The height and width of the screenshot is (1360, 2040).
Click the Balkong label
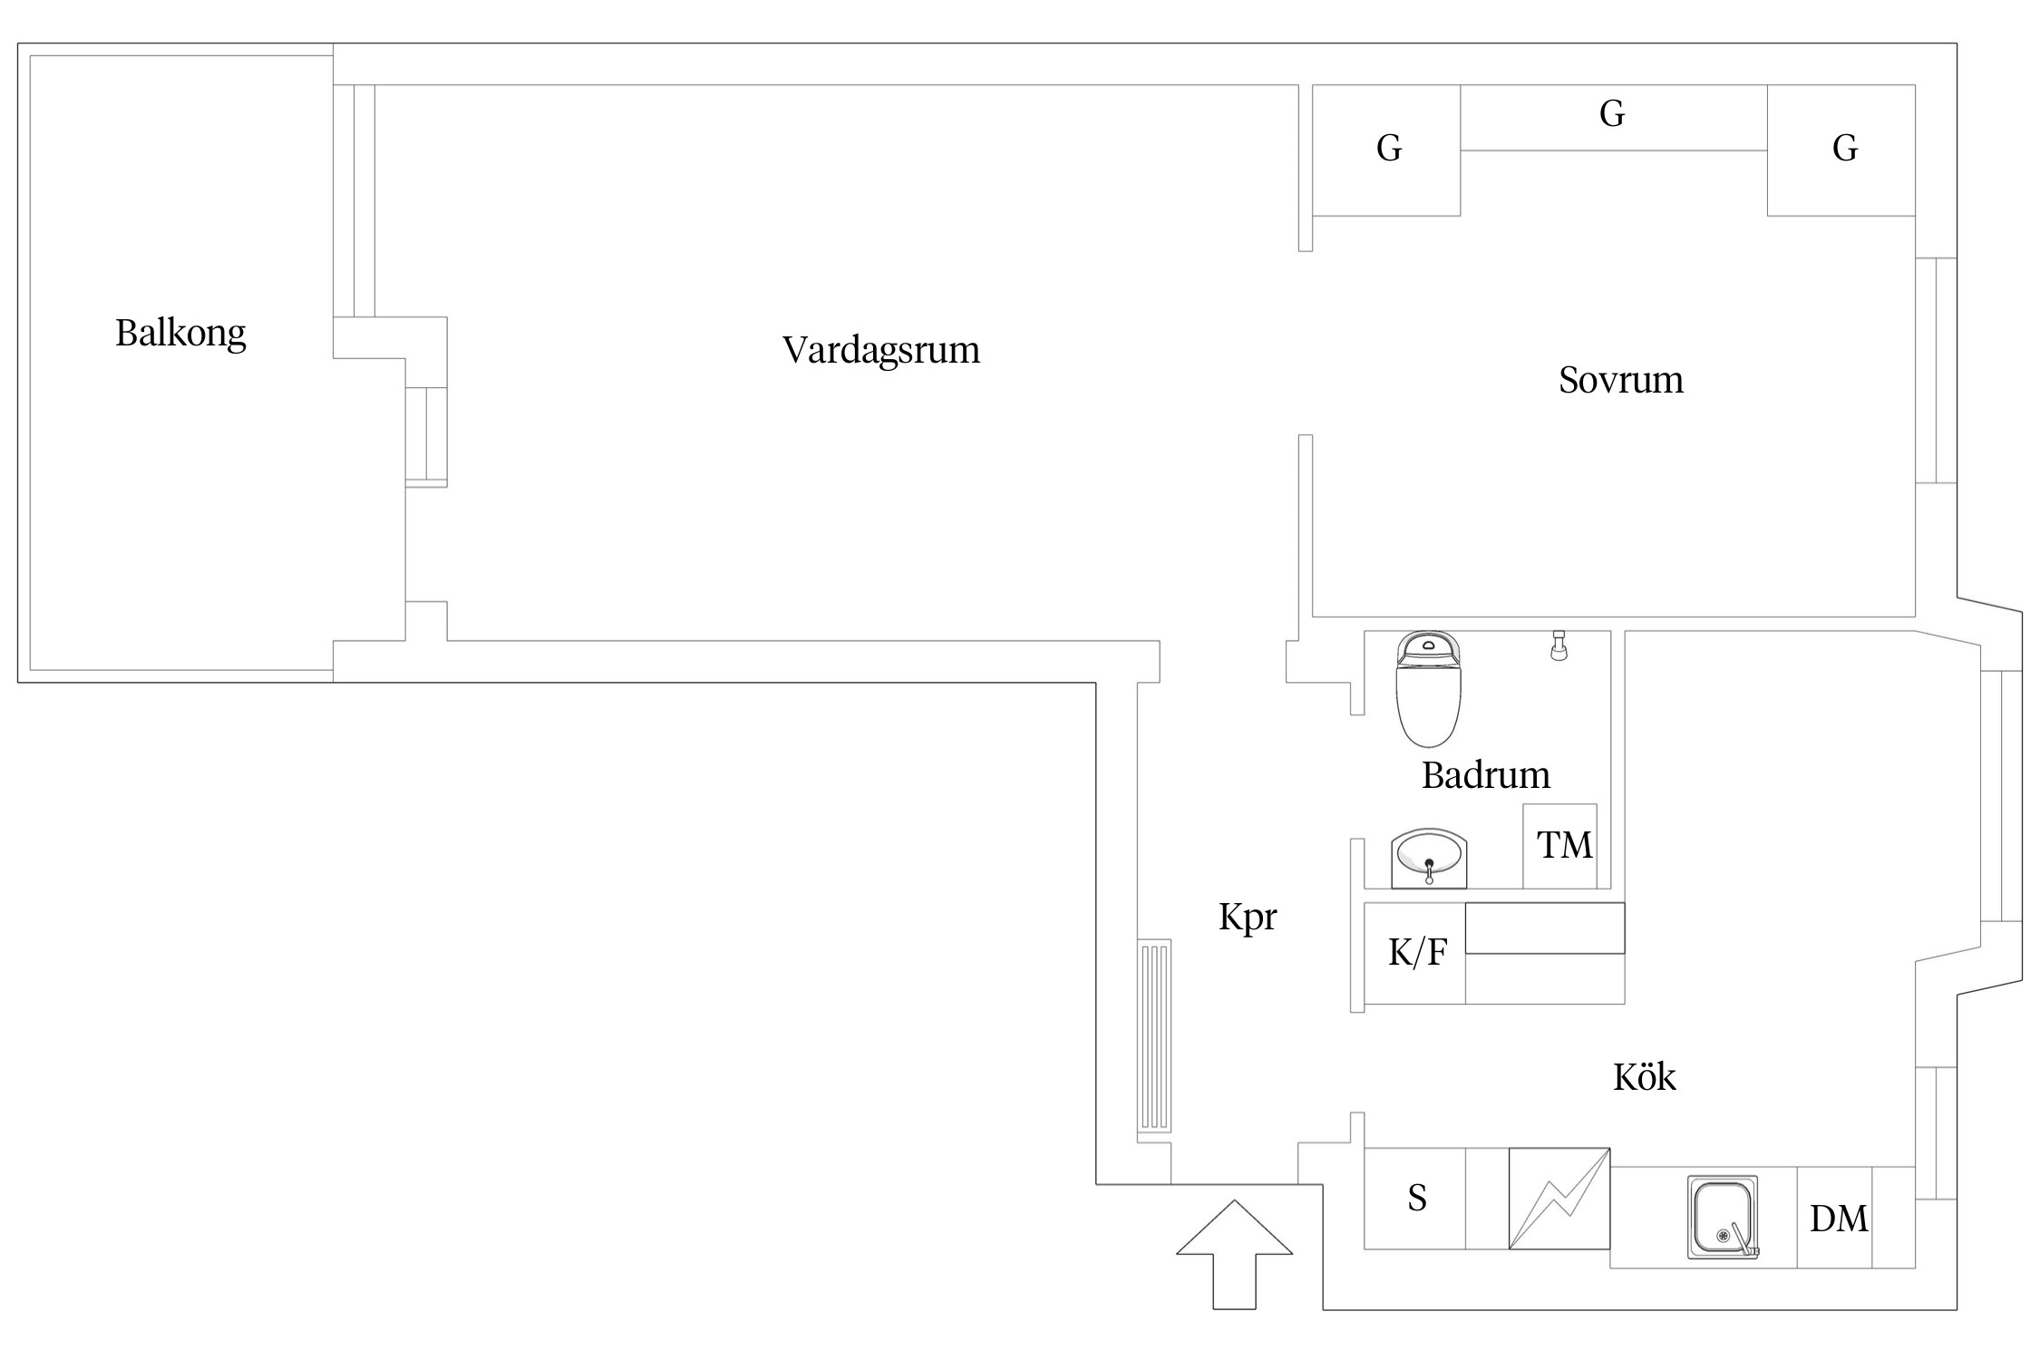coord(180,334)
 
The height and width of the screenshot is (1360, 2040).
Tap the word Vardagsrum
coord(880,350)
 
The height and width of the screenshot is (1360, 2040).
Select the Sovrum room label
coord(1620,380)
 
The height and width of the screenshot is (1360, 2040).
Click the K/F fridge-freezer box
coord(1415,953)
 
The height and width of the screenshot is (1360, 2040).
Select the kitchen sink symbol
coord(1722,1217)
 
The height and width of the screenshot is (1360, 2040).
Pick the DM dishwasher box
coord(1838,1219)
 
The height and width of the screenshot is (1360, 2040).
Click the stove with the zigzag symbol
coord(1559,1198)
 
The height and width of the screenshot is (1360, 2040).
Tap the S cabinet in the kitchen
coord(1415,1199)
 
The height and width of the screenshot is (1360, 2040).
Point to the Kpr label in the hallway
coord(1247,918)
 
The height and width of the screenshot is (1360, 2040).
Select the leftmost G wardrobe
coord(1387,150)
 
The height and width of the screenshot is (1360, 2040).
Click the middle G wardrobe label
coord(1611,115)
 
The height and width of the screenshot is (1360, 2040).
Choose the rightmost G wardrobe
coord(1843,150)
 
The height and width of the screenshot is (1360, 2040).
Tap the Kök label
coord(1643,1077)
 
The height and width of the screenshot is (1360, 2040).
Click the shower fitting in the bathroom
coord(1559,646)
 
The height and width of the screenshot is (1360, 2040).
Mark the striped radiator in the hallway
coord(1154,1035)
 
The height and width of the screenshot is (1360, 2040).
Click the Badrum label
coord(1485,776)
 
